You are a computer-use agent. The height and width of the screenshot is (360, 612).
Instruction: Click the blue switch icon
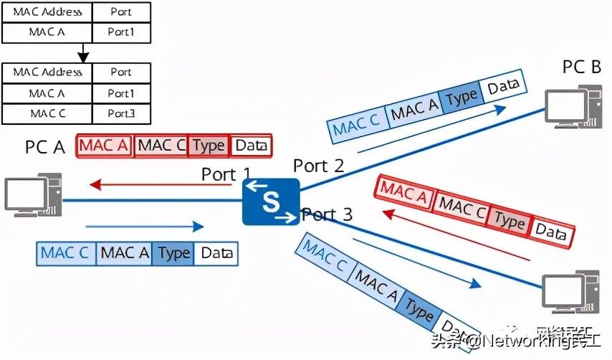(x=270, y=202)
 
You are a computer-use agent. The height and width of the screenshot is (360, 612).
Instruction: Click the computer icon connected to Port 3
(x=570, y=290)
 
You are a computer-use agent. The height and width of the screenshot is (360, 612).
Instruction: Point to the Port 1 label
(x=226, y=174)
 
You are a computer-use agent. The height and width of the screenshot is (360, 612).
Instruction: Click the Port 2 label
(x=318, y=166)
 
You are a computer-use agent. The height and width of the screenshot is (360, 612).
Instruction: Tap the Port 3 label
(x=327, y=214)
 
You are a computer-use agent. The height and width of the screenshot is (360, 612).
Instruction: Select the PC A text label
(x=45, y=148)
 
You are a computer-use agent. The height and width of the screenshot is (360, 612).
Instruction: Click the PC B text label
(x=581, y=67)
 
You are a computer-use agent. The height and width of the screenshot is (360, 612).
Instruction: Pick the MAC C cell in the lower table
(x=47, y=113)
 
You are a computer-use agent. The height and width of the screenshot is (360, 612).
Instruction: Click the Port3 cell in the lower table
(x=121, y=113)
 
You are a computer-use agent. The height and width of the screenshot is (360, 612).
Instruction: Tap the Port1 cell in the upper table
(x=121, y=32)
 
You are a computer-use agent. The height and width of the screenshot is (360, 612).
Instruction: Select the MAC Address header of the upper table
(x=47, y=11)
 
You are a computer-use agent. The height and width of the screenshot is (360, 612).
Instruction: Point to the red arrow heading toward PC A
(x=161, y=186)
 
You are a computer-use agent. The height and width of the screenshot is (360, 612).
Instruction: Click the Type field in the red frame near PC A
(x=209, y=146)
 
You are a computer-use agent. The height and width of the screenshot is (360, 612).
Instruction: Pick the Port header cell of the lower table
(x=121, y=72)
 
